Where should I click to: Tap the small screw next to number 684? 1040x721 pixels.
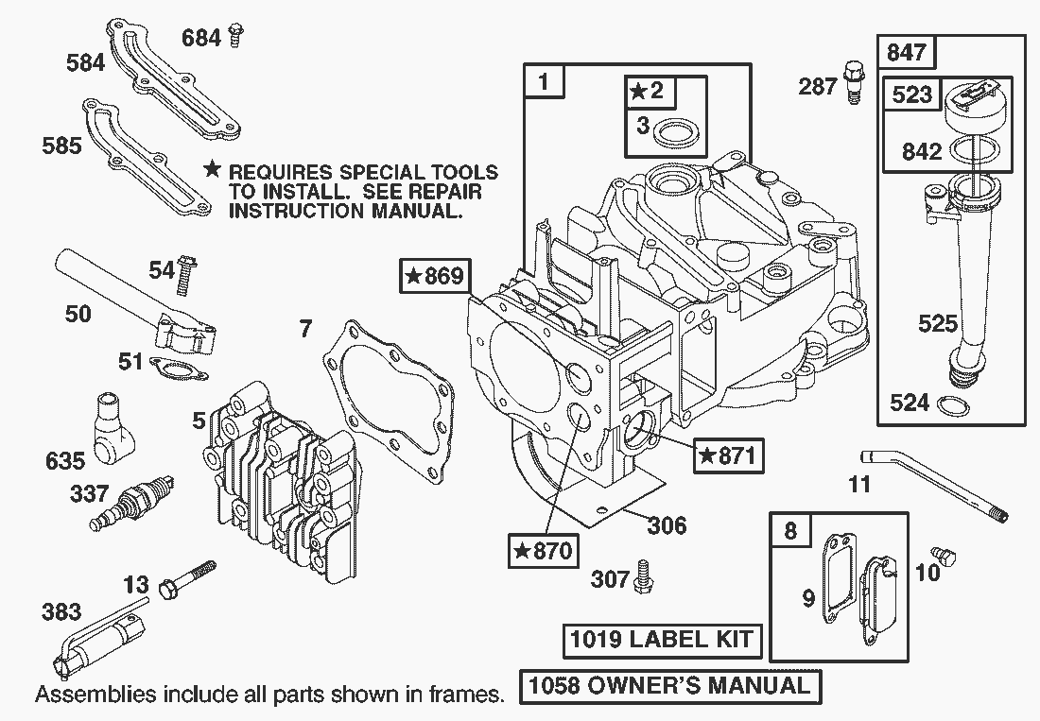(235, 37)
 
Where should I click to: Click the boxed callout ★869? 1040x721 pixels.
(434, 276)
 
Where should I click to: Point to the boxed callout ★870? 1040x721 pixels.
(542, 549)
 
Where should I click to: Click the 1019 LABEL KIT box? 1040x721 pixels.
(661, 640)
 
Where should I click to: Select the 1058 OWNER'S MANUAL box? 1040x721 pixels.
(670, 686)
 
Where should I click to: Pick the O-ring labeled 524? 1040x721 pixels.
(953, 406)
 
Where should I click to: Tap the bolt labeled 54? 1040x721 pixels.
(188, 270)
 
